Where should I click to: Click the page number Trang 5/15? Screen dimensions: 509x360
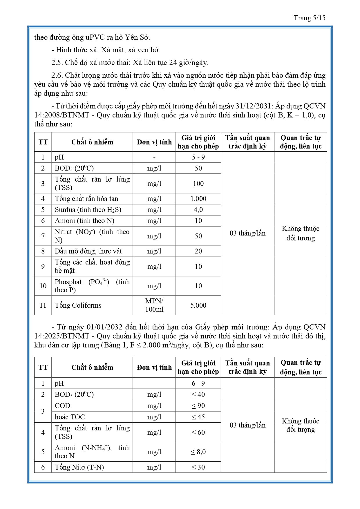pyautogui.click(x=309, y=18)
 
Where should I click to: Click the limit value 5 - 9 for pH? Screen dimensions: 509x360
pyautogui.click(x=198, y=157)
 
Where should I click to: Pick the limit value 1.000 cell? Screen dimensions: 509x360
pyautogui.click(x=198, y=199)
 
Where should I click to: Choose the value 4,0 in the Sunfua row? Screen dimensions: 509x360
pyautogui.click(x=198, y=210)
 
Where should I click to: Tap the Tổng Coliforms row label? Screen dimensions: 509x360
pyautogui.click(x=78, y=305)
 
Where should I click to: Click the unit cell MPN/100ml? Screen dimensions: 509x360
pyautogui.click(x=154, y=305)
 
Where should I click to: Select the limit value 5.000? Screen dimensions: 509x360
pyautogui.click(x=198, y=305)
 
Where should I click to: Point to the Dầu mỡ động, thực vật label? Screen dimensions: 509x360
pyautogui.click(x=88, y=251)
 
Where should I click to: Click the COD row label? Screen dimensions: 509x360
pyautogui.click(x=63, y=406)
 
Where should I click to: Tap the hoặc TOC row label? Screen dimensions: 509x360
pyautogui.click(x=70, y=417)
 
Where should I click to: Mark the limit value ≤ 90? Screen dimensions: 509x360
pyautogui.click(x=198, y=406)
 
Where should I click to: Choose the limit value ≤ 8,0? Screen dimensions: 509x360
pyautogui.click(x=198, y=452)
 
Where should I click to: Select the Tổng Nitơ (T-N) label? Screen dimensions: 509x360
pyautogui.click(x=79, y=467)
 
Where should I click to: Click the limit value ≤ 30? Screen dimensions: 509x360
pyautogui.click(x=198, y=467)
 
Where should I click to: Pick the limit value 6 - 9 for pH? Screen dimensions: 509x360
pyautogui.click(x=198, y=383)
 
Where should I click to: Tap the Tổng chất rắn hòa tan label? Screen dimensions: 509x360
pyautogui.click(x=86, y=199)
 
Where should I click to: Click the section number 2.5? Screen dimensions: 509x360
pyautogui.click(x=56, y=63)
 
